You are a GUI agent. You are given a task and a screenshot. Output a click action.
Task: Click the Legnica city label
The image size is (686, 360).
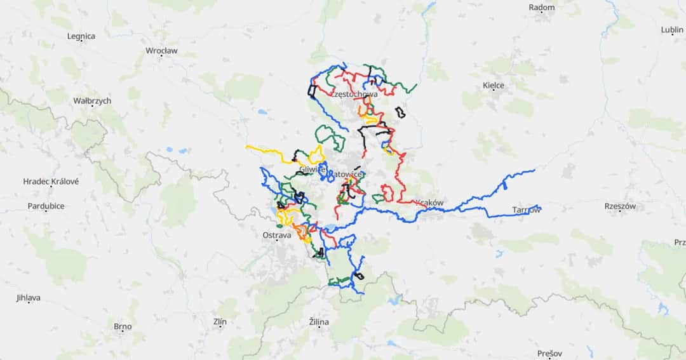pyautogui.click(x=81, y=36)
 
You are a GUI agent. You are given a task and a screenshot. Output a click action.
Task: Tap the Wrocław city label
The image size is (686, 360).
pyautogui.click(x=162, y=50)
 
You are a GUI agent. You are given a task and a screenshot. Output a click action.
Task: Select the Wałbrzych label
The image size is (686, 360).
pyautogui.click(x=92, y=101)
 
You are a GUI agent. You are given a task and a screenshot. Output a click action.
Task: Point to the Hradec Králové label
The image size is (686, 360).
pyautogui.click(x=51, y=182)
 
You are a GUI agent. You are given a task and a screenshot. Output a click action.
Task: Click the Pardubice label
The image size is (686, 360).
pyautogui.click(x=46, y=206)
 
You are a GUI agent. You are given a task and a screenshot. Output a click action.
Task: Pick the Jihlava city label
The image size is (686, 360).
pyautogui.click(x=29, y=298)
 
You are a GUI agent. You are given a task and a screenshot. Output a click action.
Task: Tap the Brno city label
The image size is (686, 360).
pyautogui.click(x=123, y=327)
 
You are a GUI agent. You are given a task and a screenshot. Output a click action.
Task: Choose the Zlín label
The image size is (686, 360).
pyautogui.click(x=220, y=322)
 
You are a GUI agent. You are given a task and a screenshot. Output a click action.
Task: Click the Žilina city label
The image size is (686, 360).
pyautogui.click(x=319, y=322)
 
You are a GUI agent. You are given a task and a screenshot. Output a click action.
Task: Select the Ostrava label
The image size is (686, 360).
pyautogui.click(x=277, y=236)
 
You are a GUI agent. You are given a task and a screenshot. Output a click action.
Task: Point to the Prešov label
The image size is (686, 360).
pyautogui.click(x=549, y=354)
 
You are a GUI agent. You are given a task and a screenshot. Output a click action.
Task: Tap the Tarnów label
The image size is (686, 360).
pyautogui.click(x=527, y=210)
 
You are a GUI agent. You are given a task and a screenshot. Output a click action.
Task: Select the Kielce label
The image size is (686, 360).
pyautogui.click(x=494, y=86)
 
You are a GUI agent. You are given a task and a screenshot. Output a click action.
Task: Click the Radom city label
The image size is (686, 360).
pyautogui.click(x=541, y=8)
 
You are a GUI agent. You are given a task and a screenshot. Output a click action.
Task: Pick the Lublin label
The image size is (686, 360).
pyautogui.click(x=672, y=30)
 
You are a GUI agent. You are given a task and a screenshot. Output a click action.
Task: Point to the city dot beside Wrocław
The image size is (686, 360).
pyautogui.click(x=161, y=57)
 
